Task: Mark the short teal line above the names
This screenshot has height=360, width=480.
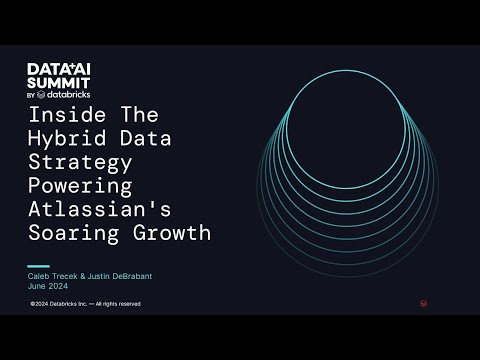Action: (x=38, y=265)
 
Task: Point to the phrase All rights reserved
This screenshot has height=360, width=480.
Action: (x=120, y=303)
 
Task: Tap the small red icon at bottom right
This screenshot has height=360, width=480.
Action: (x=424, y=302)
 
